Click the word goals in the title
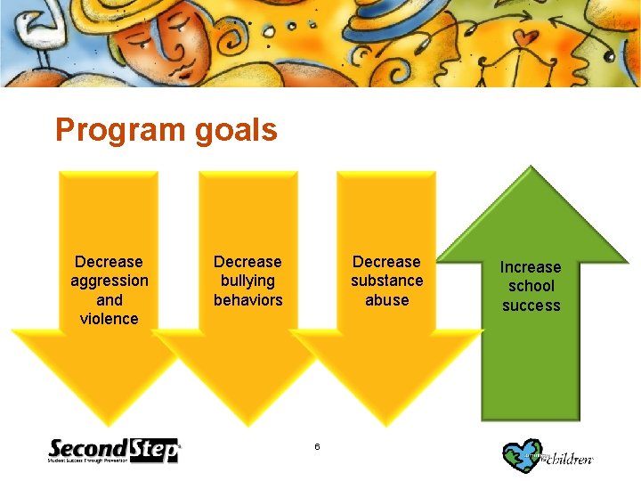[233, 131]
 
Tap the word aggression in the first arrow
[109, 281]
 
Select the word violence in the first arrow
[109, 319]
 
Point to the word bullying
[247, 281]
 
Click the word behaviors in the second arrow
[247, 300]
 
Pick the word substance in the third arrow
[386, 281]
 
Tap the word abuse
[386, 300]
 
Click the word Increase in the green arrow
[531, 267]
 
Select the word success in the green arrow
[531, 306]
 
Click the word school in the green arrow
[531, 286]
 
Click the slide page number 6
[316, 445]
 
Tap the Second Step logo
[113, 451]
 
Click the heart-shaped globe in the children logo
[520, 454]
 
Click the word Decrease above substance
[386, 262]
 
